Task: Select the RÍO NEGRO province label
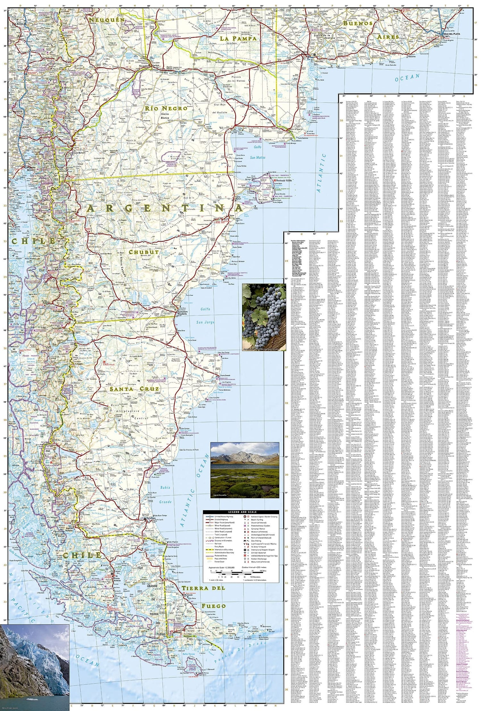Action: click(166, 108)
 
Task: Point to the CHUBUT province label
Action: click(144, 252)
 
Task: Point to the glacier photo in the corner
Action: click(34, 669)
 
